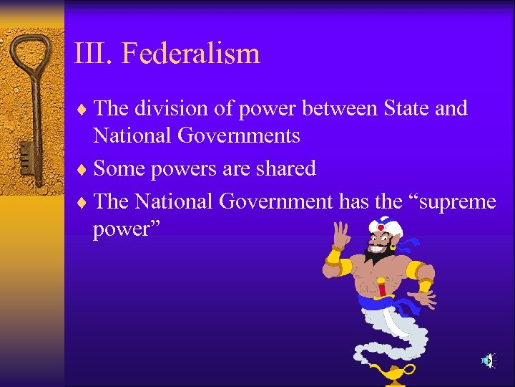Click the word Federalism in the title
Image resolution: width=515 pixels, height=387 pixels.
(x=191, y=54)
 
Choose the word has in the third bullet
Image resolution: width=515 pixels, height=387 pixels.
(x=354, y=202)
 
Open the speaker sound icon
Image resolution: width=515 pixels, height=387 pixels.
(x=488, y=360)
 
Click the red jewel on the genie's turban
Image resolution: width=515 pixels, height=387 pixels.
(x=381, y=229)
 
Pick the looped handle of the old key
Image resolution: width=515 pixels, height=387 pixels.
(x=32, y=57)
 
